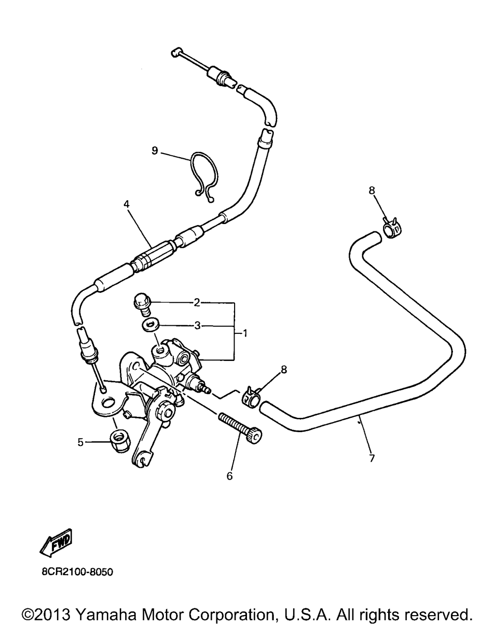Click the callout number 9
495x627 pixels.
(155, 150)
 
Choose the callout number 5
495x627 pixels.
(80, 443)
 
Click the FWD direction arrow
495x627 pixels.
(55, 543)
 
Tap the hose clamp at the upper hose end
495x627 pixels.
(391, 230)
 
